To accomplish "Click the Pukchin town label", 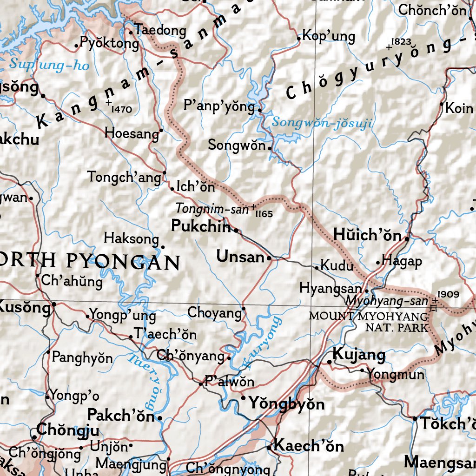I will pos(201,226).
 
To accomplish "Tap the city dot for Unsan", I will pos(269,258).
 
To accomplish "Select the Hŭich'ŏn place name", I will pos(367,235).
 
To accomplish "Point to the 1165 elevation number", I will pos(264,214).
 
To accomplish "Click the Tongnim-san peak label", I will pos(212,209).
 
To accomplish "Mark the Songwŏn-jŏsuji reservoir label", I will pos(322,123).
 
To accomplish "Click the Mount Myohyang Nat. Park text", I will pos(369,322).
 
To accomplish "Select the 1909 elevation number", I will pos(449,294).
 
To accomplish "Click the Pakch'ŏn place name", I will pos(121,415).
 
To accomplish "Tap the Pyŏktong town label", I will pos(109,44).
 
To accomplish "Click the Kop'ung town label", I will pos(328,36).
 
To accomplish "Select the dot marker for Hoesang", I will pos(161,130).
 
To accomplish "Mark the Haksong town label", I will pos(131,238).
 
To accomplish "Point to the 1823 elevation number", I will pos(401,42).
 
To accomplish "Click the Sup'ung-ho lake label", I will pos(49,65).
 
